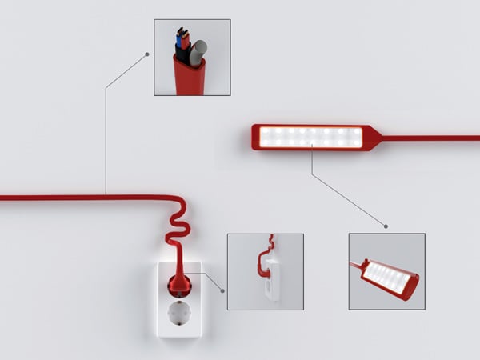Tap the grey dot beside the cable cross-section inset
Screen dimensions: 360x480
click(x=146, y=54)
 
